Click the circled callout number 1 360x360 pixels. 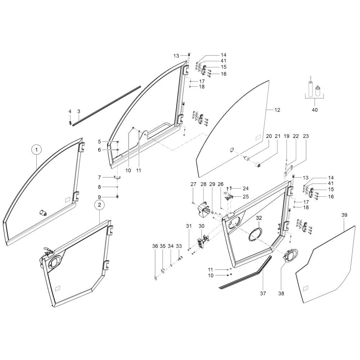tap(36, 150)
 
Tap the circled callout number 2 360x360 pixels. tap(99, 205)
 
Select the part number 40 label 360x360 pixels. tap(315, 110)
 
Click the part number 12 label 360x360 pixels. tap(277, 110)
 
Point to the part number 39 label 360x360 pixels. tap(344, 215)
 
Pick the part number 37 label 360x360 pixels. tap(263, 293)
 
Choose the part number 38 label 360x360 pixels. tap(281, 293)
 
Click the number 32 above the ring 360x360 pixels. tap(259, 218)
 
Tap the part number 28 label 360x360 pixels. tap(203, 184)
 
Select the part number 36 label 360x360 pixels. tap(155, 246)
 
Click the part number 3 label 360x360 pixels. tap(79, 112)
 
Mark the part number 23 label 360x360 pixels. tap(306, 136)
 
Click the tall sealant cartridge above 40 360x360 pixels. tap(310, 87)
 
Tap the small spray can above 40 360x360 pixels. tap(318, 91)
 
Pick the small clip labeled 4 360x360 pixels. tap(70, 122)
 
